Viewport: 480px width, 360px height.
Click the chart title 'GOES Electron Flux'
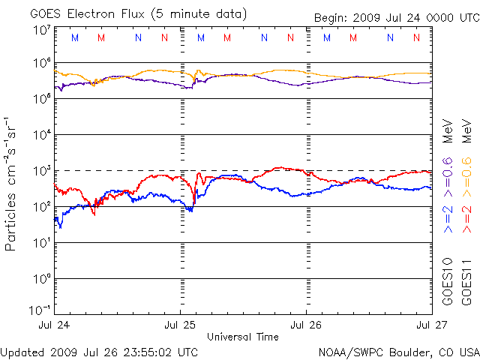[x=87, y=14]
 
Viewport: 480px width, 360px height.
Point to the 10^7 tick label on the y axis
[x=42, y=30]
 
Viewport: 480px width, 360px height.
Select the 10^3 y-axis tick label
[x=42, y=171]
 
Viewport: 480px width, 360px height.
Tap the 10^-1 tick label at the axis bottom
[x=40, y=310]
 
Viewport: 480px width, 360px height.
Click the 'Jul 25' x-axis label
[x=180, y=325]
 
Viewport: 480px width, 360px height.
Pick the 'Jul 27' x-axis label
[x=432, y=325]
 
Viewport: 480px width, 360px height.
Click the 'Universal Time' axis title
[x=243, y=337]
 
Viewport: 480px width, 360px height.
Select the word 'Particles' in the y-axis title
[x=10, y=222]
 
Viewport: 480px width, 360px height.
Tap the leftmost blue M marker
[x=75, y=37]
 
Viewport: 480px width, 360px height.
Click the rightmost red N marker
[x=416, y=37]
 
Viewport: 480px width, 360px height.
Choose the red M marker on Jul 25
[x=227, y=37]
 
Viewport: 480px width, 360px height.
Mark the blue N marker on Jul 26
[x=390, y=37]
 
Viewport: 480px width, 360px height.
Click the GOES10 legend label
[x=448, y=282]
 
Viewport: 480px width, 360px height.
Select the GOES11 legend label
[x=466, y=282]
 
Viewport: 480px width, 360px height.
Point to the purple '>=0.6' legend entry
[x=448, y=177]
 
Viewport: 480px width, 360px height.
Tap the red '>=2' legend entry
[x=466, y=219]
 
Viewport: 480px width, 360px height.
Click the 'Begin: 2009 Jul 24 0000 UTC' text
[x=397, y=18]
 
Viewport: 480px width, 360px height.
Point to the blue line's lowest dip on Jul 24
[x=61, y=228]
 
